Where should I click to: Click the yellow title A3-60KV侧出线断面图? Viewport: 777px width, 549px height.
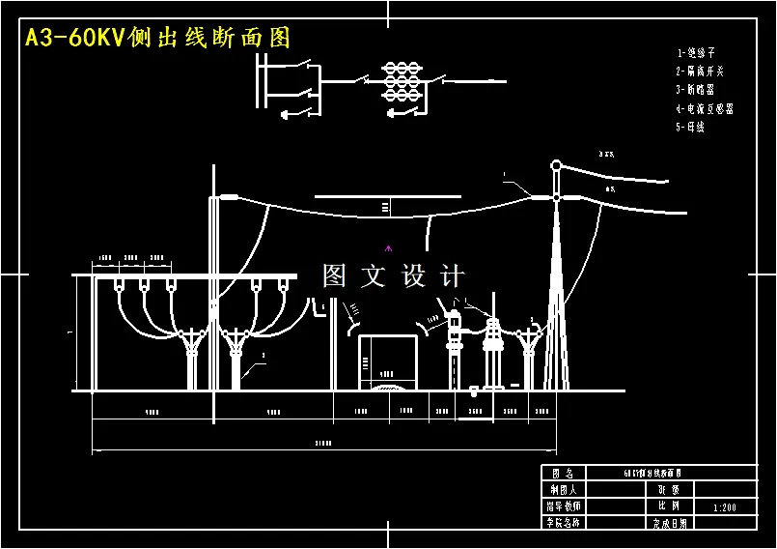157,38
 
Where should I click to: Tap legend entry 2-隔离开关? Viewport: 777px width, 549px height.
700,71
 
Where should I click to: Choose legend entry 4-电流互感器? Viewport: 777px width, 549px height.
705,108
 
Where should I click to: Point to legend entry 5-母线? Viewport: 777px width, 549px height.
690,127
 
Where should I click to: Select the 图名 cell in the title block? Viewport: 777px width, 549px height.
563,474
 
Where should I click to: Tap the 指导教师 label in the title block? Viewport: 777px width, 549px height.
563,506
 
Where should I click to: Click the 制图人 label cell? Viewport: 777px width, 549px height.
563,489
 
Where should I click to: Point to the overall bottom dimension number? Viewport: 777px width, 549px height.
323,444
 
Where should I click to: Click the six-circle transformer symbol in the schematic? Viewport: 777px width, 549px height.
402,83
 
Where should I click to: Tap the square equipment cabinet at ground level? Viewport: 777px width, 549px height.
388,361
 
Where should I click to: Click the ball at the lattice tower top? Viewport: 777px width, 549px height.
556,165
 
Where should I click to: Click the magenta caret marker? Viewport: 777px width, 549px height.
389,248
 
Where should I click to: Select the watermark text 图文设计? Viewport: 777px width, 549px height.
394,276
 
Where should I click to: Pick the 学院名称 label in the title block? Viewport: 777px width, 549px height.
563,523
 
